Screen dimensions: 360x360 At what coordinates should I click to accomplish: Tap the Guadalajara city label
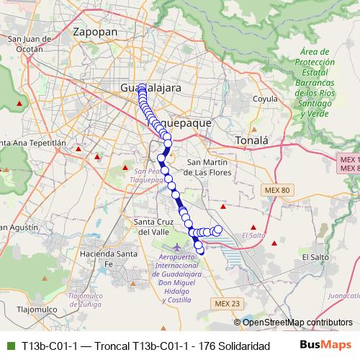pos(151,87)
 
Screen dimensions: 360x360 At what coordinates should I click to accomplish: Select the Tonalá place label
pos(252,140)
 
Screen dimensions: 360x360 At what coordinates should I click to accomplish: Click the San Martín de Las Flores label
pos(207,167)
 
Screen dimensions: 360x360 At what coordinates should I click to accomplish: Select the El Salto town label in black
pos(315,256)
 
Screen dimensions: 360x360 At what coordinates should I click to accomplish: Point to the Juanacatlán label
pos(343,294)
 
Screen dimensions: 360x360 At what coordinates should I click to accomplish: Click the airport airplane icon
pos(168,248)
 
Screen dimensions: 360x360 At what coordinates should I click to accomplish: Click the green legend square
pos(9,346)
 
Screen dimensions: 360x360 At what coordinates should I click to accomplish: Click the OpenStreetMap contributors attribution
pos(297,322)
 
